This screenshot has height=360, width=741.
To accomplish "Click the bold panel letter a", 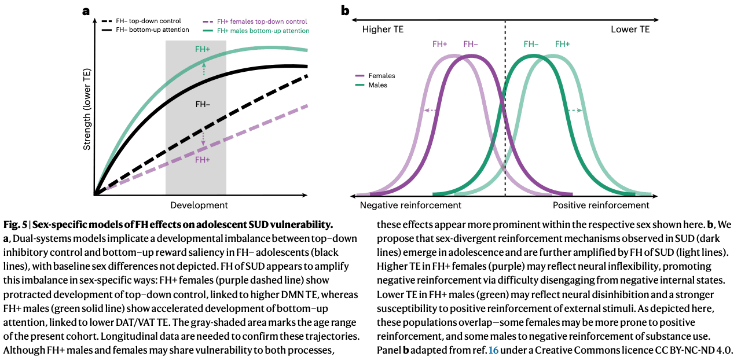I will coord(86,10).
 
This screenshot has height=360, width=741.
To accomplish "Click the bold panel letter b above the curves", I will coord(345,10).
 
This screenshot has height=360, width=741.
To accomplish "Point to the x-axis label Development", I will coord(199,205).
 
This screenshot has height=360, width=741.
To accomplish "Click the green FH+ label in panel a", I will coord(203,50).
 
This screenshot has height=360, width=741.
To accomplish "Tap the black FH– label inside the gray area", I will coord(203,104).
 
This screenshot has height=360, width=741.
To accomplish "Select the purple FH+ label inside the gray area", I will coord(203,160).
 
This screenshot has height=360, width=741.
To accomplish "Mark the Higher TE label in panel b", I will coord(383,30).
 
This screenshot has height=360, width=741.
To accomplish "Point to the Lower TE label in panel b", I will coord(630,30).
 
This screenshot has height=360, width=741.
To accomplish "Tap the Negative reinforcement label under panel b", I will coord(410,205).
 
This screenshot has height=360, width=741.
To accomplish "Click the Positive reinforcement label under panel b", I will coord(601,205).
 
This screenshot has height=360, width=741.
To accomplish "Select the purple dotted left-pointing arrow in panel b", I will coord(431,111).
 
